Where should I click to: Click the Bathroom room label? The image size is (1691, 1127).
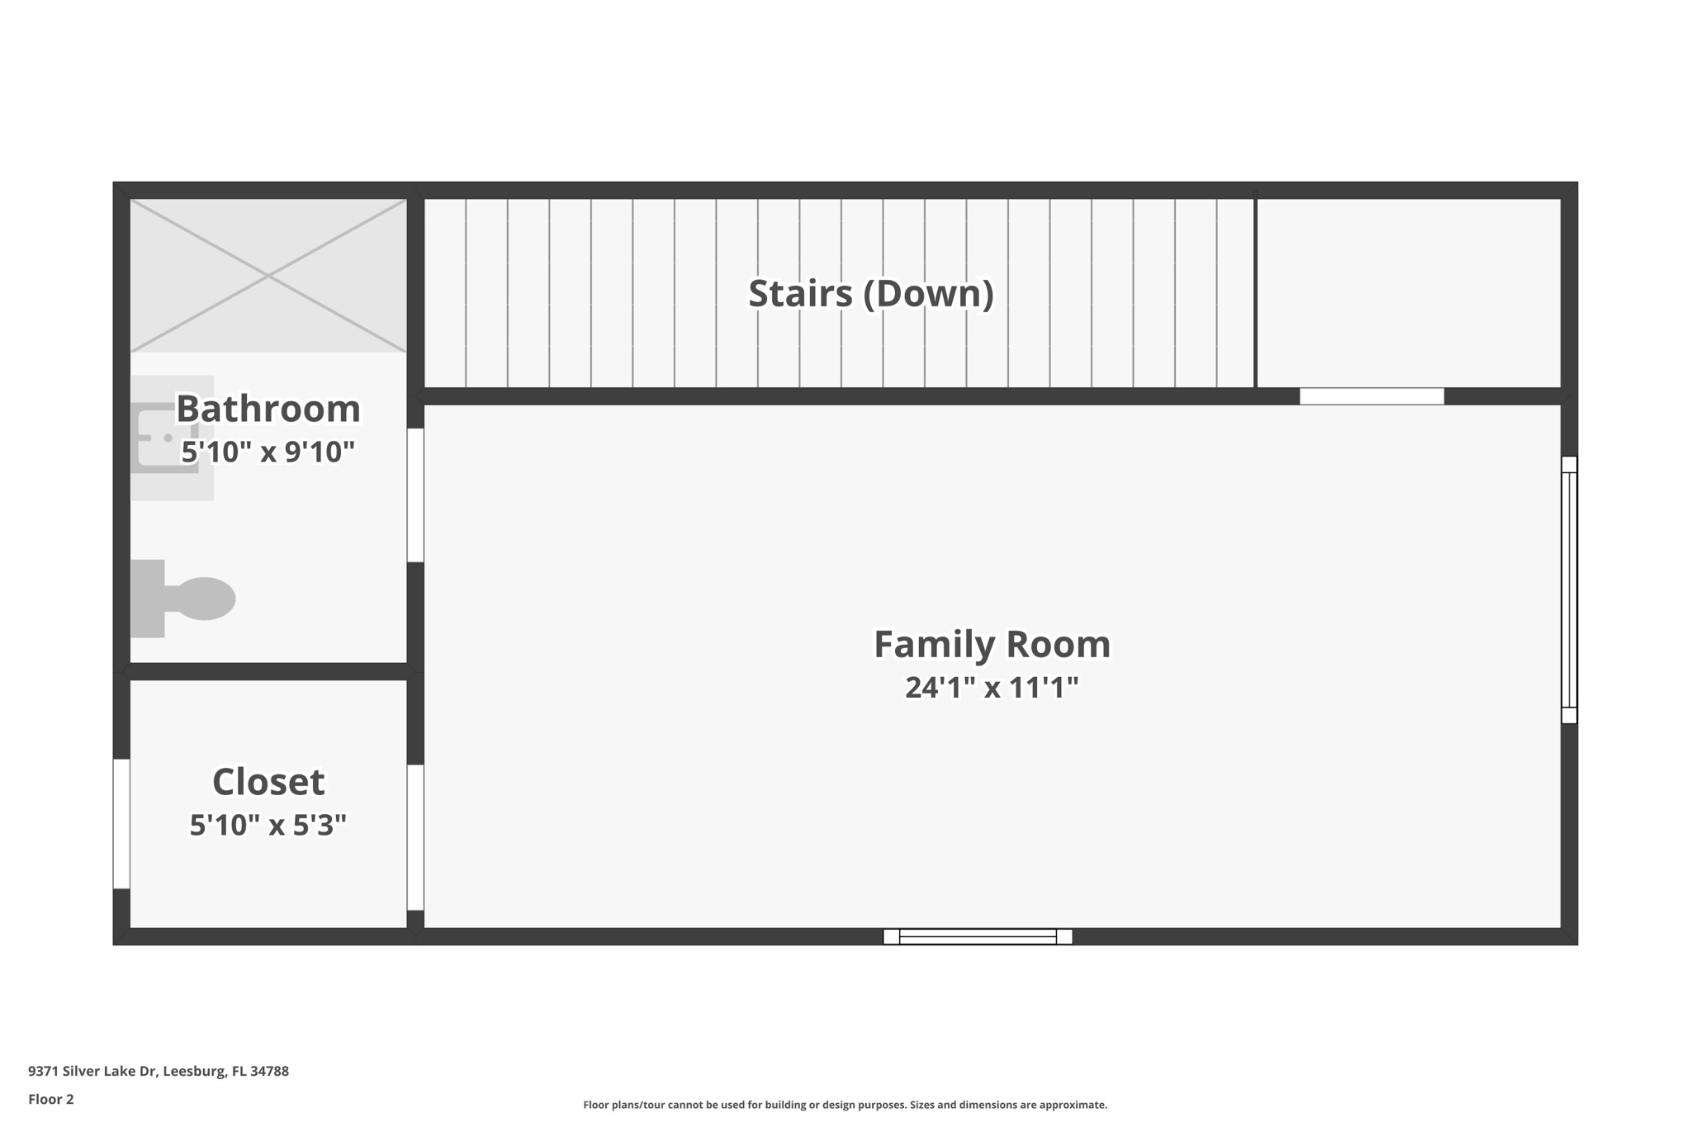268,409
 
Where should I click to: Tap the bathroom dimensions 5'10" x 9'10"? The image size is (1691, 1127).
268,452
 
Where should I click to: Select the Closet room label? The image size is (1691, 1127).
268,782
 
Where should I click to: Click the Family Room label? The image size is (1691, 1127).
992,644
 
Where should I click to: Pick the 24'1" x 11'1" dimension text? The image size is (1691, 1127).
992,687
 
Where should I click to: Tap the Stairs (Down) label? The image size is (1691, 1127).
871,294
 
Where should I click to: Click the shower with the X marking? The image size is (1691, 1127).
268,276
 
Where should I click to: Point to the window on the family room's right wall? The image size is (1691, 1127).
1569,590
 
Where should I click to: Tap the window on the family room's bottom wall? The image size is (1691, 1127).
978,936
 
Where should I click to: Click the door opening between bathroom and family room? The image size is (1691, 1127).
415,495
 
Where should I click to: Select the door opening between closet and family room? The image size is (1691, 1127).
415,837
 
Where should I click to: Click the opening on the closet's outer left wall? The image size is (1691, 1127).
121,824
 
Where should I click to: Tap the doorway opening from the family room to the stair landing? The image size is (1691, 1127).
1371,396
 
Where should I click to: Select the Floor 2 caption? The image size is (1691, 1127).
51,1099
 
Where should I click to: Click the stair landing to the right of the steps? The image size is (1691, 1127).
1409,293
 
